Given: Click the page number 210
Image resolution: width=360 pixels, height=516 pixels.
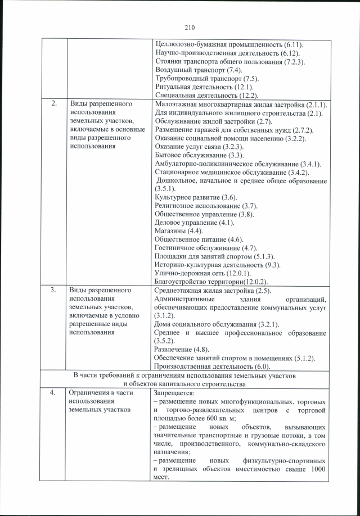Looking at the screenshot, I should click(x=188, y=26).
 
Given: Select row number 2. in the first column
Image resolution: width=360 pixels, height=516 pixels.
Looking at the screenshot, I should click(x=54, y=105).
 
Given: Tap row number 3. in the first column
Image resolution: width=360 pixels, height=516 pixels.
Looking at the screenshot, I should click(x=54, y=291).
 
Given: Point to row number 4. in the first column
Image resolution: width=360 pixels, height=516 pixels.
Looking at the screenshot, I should click(x=54, y=393).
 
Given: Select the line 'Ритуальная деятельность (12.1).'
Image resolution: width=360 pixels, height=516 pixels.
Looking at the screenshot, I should click(x=204, y=87).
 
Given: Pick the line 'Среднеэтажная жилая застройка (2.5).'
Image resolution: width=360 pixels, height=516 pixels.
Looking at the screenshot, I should click(x=213, y=291).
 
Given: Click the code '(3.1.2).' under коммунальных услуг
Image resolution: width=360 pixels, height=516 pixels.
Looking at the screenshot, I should click(x=166, y=316).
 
